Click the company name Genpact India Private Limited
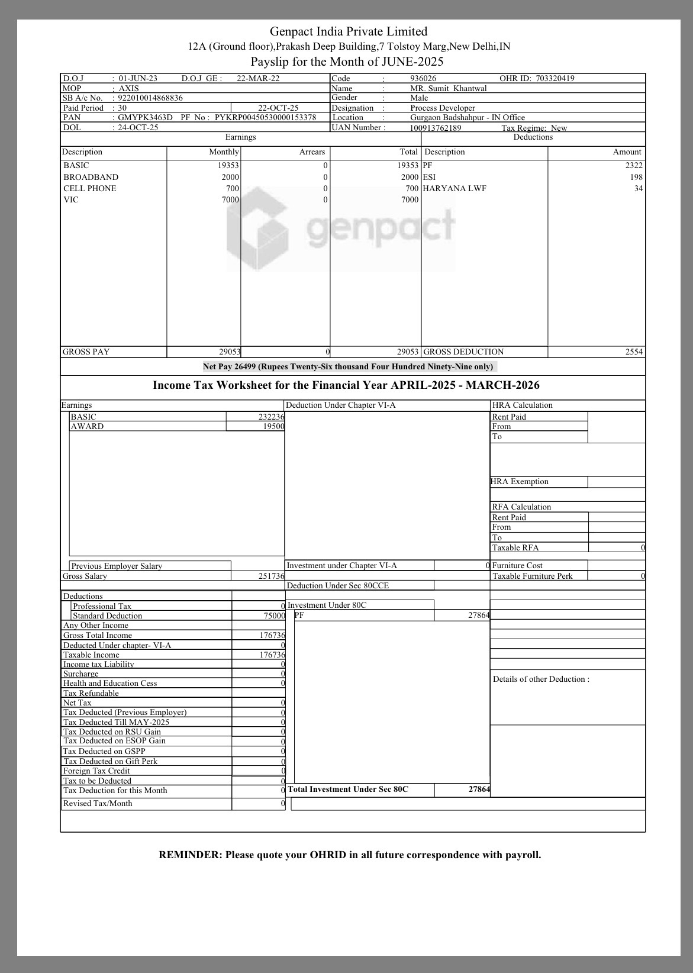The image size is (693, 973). coord(348,31)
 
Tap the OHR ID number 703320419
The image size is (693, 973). coord(555,78)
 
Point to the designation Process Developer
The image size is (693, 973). coord(443,108)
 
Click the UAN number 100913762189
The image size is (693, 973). coord(436,128)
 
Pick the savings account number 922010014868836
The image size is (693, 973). coord(150,98)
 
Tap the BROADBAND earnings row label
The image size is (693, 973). coord(91,177)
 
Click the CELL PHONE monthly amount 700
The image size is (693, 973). coord(232,188)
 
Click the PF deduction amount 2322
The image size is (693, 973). coord(633,166)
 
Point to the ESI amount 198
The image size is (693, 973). coord(636,177)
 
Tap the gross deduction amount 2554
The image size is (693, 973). coord(633,352)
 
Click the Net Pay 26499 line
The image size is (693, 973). coord(348,366)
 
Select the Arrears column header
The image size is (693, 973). coord(312,152)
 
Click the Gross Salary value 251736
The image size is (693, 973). coord(271,576)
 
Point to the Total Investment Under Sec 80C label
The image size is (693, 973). coord(348,790)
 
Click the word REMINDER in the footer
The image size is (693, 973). coord(189,855)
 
